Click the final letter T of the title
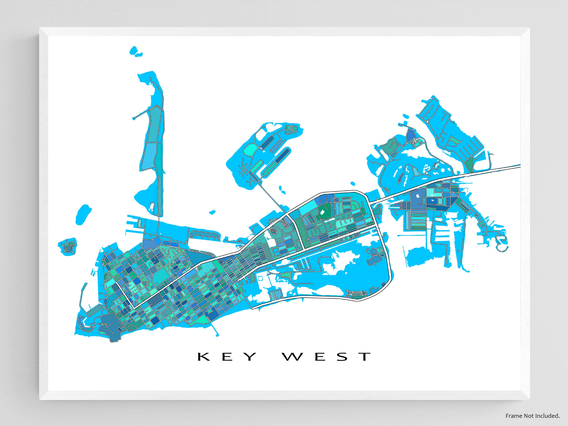(365, 357)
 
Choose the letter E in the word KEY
(226, 357)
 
